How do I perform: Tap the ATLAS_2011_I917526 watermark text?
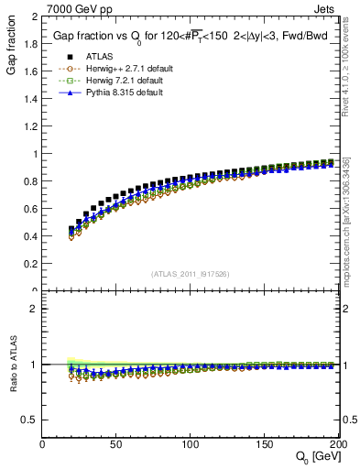[191, 273]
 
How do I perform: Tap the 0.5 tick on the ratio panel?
[29, 420]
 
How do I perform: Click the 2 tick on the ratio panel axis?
[34, 309]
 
